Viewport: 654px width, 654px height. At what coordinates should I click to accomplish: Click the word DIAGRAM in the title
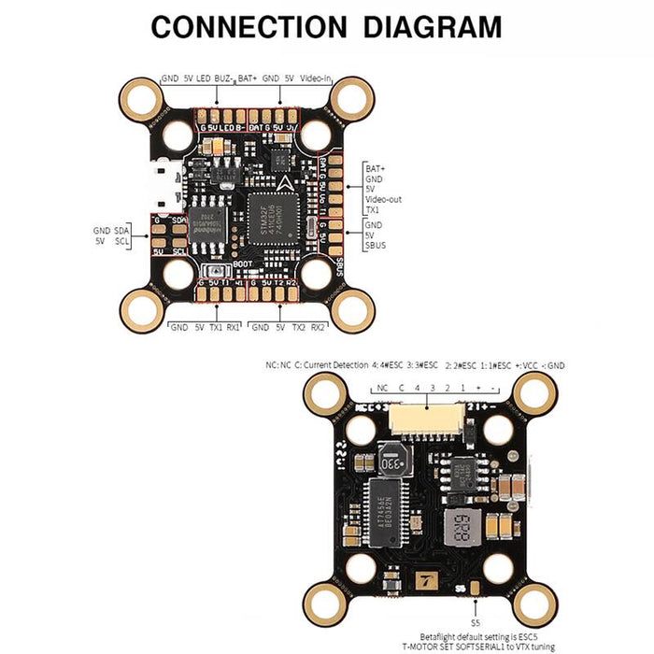423,26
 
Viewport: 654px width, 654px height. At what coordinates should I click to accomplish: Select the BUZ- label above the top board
224,78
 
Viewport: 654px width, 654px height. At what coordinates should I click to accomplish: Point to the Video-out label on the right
383,199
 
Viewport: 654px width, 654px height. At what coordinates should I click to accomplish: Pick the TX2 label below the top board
297,328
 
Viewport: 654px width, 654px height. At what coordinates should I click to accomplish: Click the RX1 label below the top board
233,328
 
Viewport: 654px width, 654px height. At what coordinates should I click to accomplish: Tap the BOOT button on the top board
211,273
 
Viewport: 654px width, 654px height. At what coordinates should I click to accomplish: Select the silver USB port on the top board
164,186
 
